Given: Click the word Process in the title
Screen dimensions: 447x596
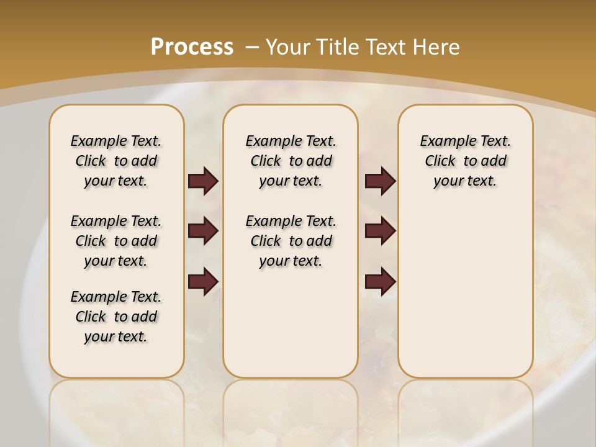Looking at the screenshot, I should (x=192, y=47).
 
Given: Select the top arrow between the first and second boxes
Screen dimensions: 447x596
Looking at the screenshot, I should (x=203, y=181).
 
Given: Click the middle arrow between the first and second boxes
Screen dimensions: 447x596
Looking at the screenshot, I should (x=203, y=232).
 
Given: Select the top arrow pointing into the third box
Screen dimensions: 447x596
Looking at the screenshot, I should (x=380, y=181).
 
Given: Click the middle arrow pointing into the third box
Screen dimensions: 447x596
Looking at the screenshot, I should (x=380, y=232).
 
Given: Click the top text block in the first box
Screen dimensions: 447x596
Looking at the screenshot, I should (x=116, y=161).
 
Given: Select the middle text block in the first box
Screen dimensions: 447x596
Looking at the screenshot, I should (x=116, y=241).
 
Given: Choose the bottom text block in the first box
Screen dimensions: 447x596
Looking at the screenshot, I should (x=116, y=317).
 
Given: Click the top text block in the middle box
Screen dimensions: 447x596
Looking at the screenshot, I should (x=291, y=161).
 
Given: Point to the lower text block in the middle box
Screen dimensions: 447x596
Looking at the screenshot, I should (x=291, y=241).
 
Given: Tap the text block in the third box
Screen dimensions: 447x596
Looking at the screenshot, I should (x=465, y=161).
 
